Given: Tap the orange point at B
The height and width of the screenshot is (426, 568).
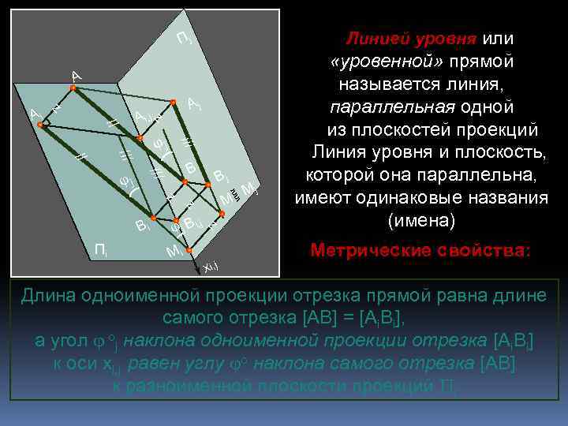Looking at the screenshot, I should click(185, 182).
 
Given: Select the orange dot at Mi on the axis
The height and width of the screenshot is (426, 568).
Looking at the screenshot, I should click(189, 251).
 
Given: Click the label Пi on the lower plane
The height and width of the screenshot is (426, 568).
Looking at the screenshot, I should click(102, 251).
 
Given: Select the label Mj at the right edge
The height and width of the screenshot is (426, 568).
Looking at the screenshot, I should click(250, 188).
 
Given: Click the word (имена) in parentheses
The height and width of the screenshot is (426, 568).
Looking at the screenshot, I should click(421, 220).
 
